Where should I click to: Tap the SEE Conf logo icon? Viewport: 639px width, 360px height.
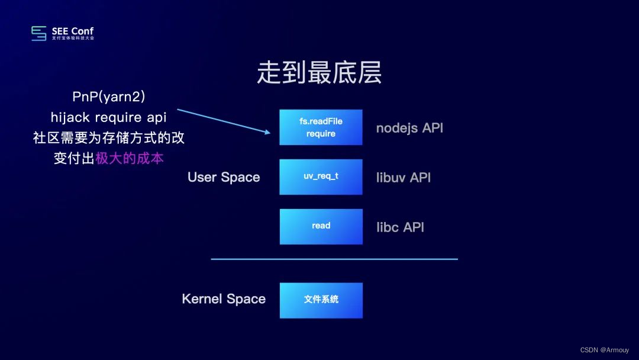click(x=39, y=33)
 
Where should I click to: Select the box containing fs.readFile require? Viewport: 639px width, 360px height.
click(x=321, y=127)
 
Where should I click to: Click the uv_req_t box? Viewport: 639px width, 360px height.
click(x=321, y=176)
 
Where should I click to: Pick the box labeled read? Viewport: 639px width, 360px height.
click(x=321, y=226)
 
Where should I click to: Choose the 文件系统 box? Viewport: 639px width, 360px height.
click(x=321, y=300)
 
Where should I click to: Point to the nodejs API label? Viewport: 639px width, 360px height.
click(x=409, y=128)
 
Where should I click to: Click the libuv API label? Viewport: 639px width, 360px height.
click(x=404, y=178)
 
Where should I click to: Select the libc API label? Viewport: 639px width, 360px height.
click(x=400, y=227)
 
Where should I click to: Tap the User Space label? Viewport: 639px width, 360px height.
click(x=224, y=178)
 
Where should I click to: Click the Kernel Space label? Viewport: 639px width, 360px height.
click(x=224, y=299)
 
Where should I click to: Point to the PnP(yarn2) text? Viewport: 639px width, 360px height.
click(x=109, y=97)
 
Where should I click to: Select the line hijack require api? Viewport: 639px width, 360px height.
click(x=109, y=118)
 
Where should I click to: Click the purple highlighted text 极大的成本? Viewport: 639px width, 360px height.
click(x=129, y=159)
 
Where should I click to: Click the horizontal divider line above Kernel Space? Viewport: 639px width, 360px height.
click(x=334, y=259)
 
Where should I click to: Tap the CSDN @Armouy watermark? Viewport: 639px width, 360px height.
click(x=605, y=350)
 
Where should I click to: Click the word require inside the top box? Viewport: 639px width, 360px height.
click(x=321, y=134)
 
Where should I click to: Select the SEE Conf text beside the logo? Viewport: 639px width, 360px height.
click(x=72, y=31)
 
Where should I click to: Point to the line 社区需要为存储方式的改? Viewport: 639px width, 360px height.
click(x=109, y=138)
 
